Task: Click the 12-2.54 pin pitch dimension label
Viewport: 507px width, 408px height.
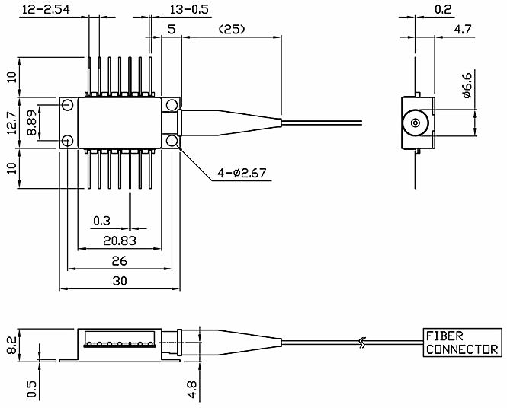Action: [x=46, y=9]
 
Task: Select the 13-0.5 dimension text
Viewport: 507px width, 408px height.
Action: [x=189, y=9]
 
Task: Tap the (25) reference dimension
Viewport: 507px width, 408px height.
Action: [x=232, y=30]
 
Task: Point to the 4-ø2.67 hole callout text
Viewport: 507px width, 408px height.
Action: [x=242, y=173]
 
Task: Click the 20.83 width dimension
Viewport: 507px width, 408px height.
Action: [x=120, y=241]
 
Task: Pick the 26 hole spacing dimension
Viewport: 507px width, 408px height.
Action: [x=119, y=261]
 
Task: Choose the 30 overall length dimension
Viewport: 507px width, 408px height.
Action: [x=120, y=281]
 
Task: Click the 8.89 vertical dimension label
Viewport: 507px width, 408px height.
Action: [x=32, y=123]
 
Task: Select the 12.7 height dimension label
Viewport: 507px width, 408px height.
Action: [x=11, y=123]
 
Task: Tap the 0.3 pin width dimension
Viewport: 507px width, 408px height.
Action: [x=101, y=221]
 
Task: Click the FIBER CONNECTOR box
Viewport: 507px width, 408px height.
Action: [x=462, y=343]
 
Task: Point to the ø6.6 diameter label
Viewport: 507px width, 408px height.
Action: [x=467, y=85]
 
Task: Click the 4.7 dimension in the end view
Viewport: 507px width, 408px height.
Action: [x=463, y=30]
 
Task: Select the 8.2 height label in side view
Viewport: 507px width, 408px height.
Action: [x=11, y=346]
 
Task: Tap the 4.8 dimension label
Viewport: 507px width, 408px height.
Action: [x=191, y=390]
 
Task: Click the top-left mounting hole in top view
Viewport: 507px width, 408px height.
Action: [x=67, y=104]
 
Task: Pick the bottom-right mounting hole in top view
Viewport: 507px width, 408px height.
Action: [x=172, y=141]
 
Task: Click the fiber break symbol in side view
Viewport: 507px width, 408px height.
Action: [x=363, y=343]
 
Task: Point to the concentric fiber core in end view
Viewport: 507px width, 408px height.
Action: [x=415, y=123]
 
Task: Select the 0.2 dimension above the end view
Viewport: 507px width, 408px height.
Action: [x=443, y=9]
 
